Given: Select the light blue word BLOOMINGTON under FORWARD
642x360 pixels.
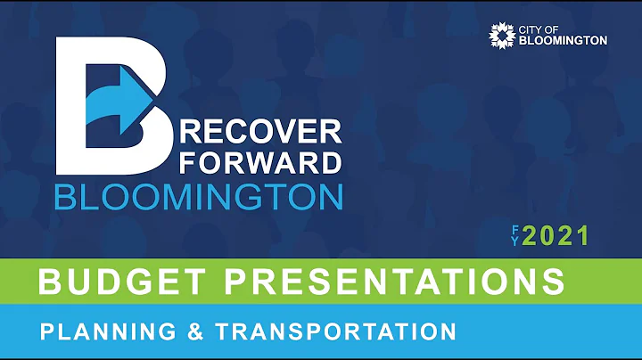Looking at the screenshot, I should click(x=198, y=196).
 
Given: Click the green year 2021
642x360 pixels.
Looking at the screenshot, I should click(x=556, y=236).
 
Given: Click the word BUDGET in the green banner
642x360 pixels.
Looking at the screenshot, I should click(x=120, y=282).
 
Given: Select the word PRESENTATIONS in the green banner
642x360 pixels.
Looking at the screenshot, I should click(x=393, y=282).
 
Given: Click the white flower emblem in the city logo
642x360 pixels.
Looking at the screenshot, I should click(x=502, y=36).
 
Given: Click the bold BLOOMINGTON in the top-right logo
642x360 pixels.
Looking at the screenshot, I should click(x=563, y=41).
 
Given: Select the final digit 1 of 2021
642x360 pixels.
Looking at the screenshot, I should click(x=583, y=236).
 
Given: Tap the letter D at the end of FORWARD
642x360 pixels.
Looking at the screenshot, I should click(x=329, y=163).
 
